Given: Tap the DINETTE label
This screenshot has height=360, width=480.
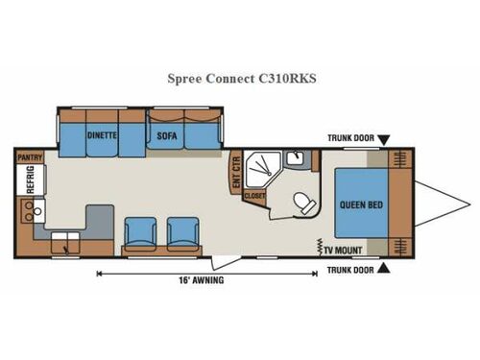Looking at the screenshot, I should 101,135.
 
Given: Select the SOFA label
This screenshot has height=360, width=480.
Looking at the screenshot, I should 164,135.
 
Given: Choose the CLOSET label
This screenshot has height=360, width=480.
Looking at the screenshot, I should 254,196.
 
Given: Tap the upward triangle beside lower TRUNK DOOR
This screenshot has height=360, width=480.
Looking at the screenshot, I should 382,269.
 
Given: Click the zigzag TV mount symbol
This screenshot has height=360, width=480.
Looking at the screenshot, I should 319,246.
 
